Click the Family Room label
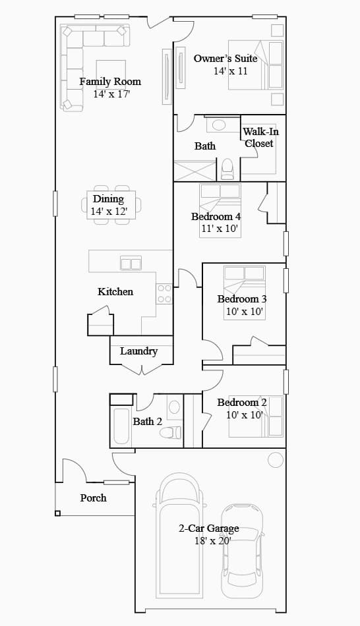[x=110, y=82]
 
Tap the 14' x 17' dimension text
[x=111, y=94]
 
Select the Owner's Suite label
[x=225, y=59]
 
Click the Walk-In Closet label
[x=260, y=137]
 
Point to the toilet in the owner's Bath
[x=227, y=169]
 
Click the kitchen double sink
[x=131, y=264]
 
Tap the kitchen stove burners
[x=164, y=293]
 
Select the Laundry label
[x=138, y=351]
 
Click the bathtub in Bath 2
[x=121, y=426]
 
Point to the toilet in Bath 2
[x=170, y=432]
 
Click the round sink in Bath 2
[x=174, y=407]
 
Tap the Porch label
[x=94, y=498]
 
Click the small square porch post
[x=57, y=513]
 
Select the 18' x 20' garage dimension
[x=213, y=541]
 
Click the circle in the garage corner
[x=276, y=460]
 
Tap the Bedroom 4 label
[x=216, y=217]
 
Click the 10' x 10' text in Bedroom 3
[x=245, y=312]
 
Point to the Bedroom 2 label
[x=242, y=403]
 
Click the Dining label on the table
[x=108, y=199]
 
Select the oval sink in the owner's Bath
[x=218, y=125]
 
